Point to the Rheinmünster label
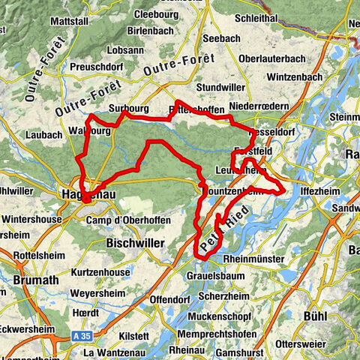pos(252,259)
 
